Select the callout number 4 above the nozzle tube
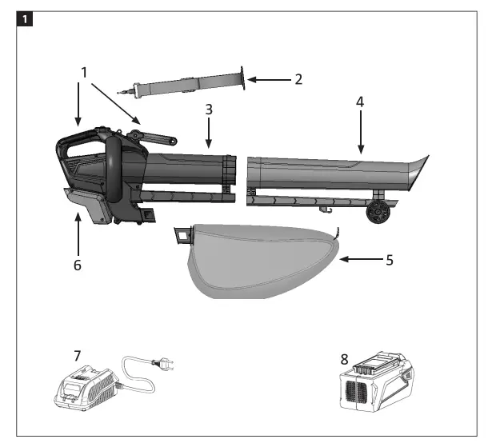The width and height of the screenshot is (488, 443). [x=360, y=103]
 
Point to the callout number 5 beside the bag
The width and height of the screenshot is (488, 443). [x=390, y=259]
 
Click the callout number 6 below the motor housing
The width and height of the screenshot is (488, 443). [x=78, y=263]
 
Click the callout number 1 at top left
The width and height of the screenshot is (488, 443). [x=84, y=72]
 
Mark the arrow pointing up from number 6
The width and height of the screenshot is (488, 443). [x=78, y=233]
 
